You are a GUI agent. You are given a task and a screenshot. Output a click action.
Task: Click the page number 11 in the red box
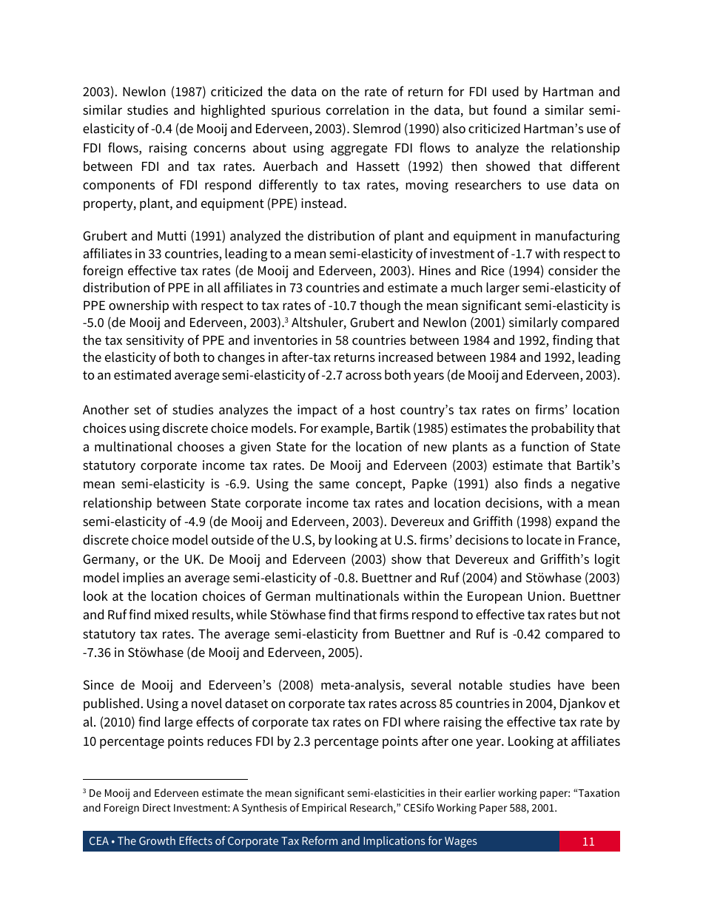tap(588, 841)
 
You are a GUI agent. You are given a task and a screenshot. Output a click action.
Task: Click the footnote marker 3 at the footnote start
tap(84, 791)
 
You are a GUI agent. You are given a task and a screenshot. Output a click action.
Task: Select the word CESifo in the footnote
tap(421, 808)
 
